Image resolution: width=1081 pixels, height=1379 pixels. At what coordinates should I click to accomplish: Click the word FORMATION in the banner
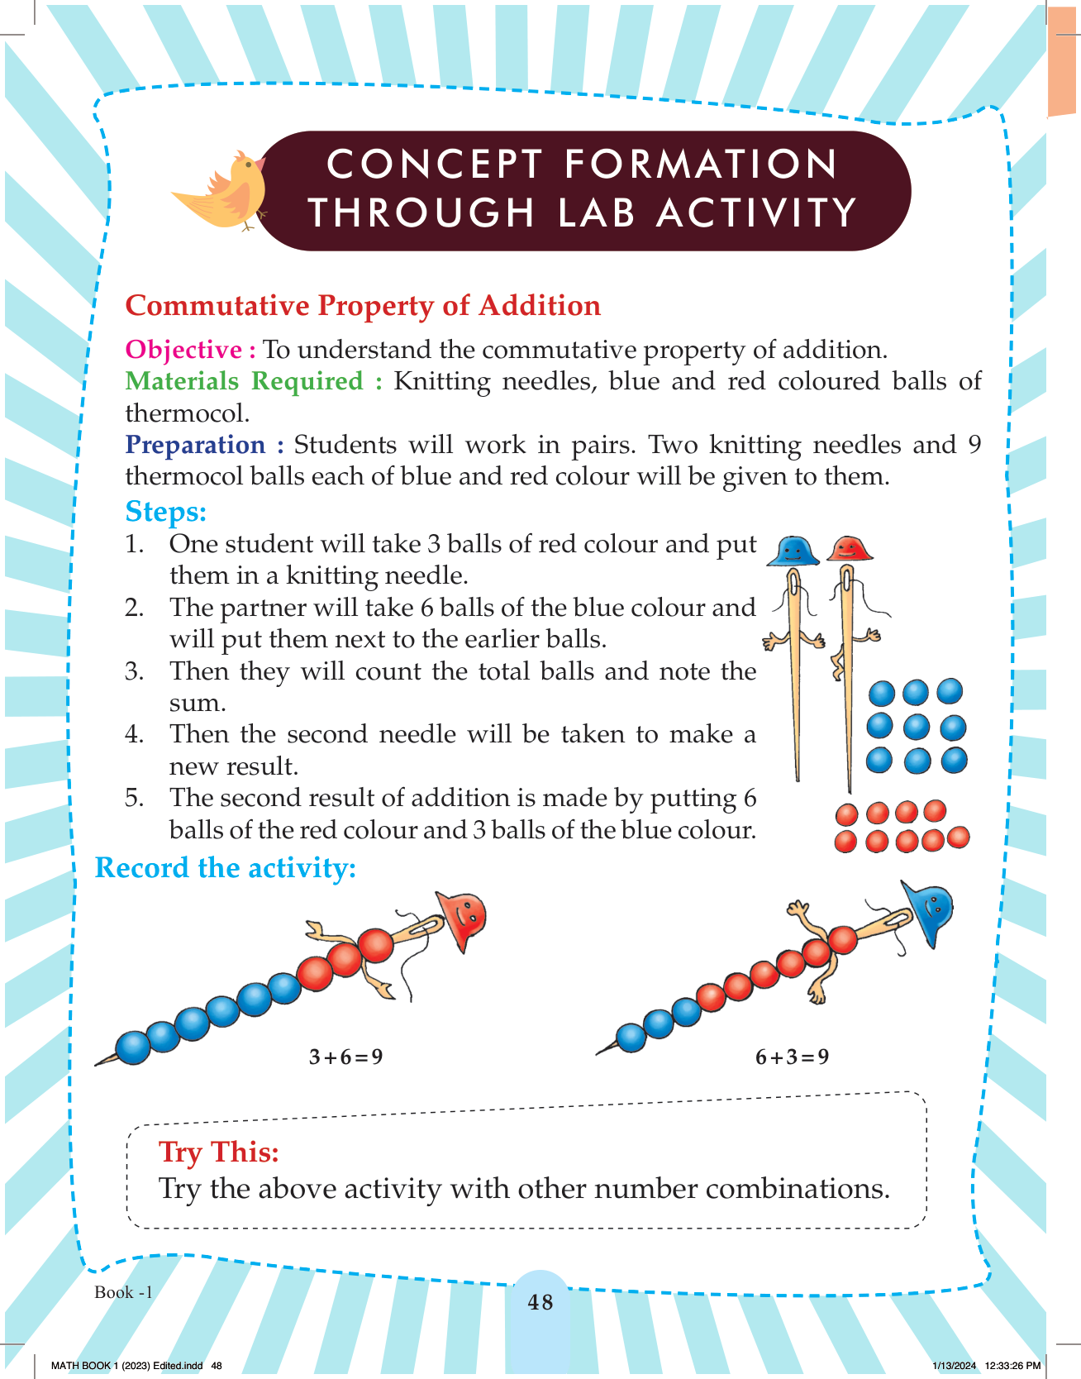[702, 164]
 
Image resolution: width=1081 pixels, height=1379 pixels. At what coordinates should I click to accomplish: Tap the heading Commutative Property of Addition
[363, 306]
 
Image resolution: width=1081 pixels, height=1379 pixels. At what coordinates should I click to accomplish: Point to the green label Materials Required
[244, 381]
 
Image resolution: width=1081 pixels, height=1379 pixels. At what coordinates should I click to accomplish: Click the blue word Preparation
[195, 445]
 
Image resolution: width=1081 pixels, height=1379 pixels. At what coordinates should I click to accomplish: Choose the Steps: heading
[165, 512]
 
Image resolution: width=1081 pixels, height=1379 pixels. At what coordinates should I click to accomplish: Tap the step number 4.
[134, 734]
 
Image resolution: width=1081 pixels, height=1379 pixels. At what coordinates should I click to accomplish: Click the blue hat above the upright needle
[793, 551]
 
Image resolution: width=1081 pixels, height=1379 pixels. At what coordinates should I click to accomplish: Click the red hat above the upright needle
[850, 548]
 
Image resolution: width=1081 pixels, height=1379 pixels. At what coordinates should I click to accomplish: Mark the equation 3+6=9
[345, 1057]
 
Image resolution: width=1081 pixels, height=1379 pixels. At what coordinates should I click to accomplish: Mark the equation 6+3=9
[792, 1057]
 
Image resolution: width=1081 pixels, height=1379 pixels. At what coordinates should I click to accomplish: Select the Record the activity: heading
[226, 868]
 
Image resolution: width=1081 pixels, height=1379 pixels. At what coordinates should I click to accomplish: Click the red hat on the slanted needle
[462, 920]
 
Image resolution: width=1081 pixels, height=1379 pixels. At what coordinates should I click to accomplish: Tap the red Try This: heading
[219, 1152]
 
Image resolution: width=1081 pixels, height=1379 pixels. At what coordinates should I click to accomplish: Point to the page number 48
[540, 1302]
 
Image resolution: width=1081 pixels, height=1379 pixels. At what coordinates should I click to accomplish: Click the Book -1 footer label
[124, 1292]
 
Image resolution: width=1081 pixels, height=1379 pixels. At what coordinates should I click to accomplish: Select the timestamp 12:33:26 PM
[1013, 1366]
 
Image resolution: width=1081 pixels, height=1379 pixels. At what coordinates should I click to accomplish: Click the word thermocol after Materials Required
[188, 413]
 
